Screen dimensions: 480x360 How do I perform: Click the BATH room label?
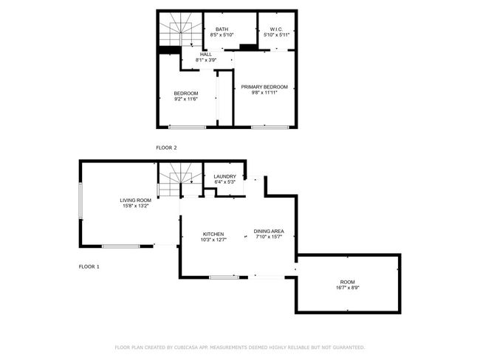click(x=222, y=30)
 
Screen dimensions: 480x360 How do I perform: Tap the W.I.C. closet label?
click(x=276, y=30)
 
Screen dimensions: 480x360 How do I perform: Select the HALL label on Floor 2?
click(x=206, y=55)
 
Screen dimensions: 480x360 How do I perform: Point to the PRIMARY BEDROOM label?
click(x=264, y=87)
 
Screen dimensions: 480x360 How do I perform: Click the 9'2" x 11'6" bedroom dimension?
click(x=186, y=99)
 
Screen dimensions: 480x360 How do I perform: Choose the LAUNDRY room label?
click(x=225, y=176)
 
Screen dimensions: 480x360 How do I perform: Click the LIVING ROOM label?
click(x=136, y=201)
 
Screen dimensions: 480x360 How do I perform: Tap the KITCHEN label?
click(x=213, y=235)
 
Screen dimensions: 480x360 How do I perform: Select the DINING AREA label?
click(x=269, y=231)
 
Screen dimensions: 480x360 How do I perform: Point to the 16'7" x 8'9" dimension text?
click(x=348, y=288)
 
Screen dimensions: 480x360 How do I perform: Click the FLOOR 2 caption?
click(x=167, y=148)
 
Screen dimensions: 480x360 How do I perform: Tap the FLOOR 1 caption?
click(x=89, y=267)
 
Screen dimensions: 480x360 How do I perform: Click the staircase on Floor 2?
click(x=181, y=30)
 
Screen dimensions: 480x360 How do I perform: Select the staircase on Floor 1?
click(x=180, y=179)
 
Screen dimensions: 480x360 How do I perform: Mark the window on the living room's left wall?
click(x=80, y=201)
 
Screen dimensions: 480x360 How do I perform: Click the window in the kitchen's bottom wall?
click(x=224, y=277)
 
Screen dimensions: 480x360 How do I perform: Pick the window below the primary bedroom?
click(x=270, y=127)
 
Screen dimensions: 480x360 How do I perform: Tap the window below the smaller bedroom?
click(x=188, y=127)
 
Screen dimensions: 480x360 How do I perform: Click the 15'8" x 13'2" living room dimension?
click(x=136, y=206)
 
